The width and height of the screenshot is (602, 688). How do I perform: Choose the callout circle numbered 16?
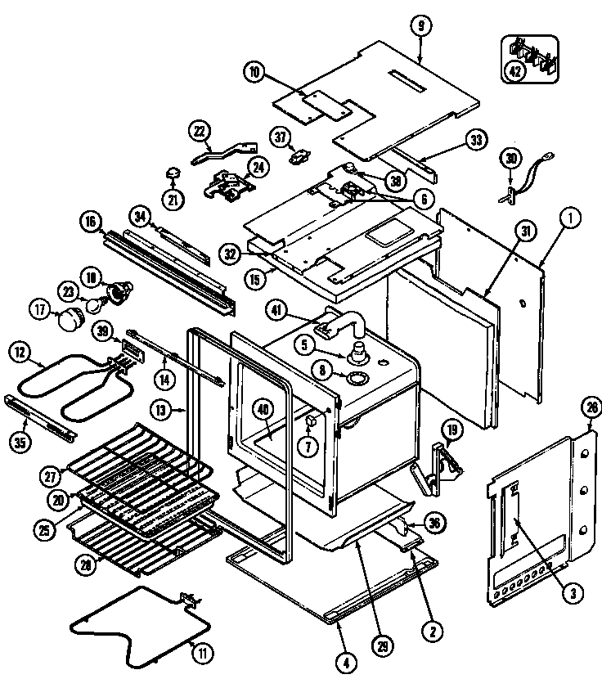click(89, 220)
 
